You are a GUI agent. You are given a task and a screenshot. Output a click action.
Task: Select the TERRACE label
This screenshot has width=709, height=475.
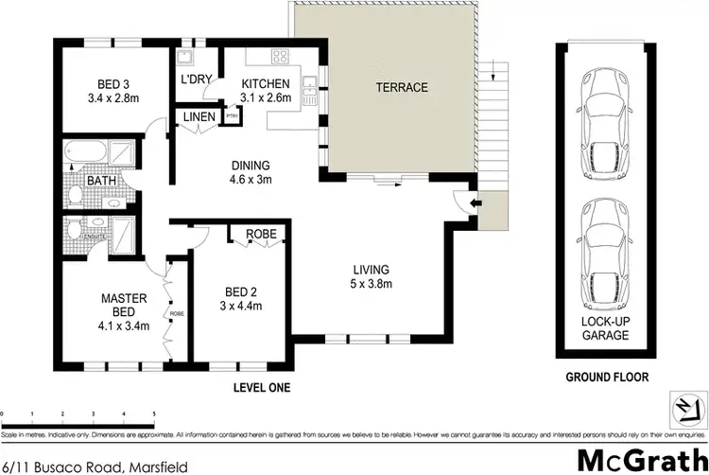401,88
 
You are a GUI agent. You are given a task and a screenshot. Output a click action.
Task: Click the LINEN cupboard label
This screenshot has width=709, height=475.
199,117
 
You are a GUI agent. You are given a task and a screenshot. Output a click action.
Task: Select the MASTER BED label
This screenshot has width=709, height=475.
126,306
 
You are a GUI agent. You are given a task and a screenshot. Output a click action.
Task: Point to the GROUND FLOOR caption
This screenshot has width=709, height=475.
607,377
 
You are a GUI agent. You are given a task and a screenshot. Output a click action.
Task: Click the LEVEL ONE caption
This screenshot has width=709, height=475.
261,388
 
